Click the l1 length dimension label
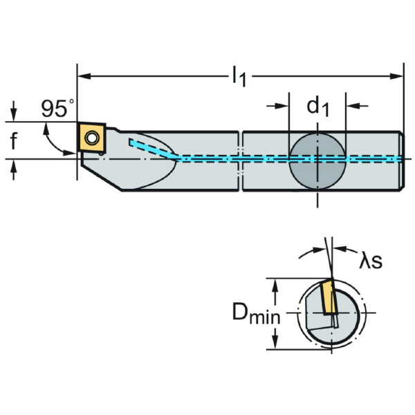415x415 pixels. coord(239,77)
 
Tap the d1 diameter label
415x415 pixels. coord(317,107)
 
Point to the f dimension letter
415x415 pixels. coord(14,140)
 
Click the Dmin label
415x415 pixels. coord(256,313)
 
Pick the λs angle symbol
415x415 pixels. coord(371,261)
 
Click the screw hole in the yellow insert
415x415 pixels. coord(91,138)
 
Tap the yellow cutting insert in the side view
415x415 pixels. coord(91,138)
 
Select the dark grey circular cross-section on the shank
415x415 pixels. coord(317,160)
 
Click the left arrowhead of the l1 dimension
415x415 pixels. coord(84,77)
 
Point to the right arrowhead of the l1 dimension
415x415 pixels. coord(397,77)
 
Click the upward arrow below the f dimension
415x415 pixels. coord(14,170)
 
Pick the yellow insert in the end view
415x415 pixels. coord(328,297)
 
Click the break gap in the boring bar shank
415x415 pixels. coord(241,160)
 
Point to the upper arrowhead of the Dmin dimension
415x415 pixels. coord(275,285)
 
